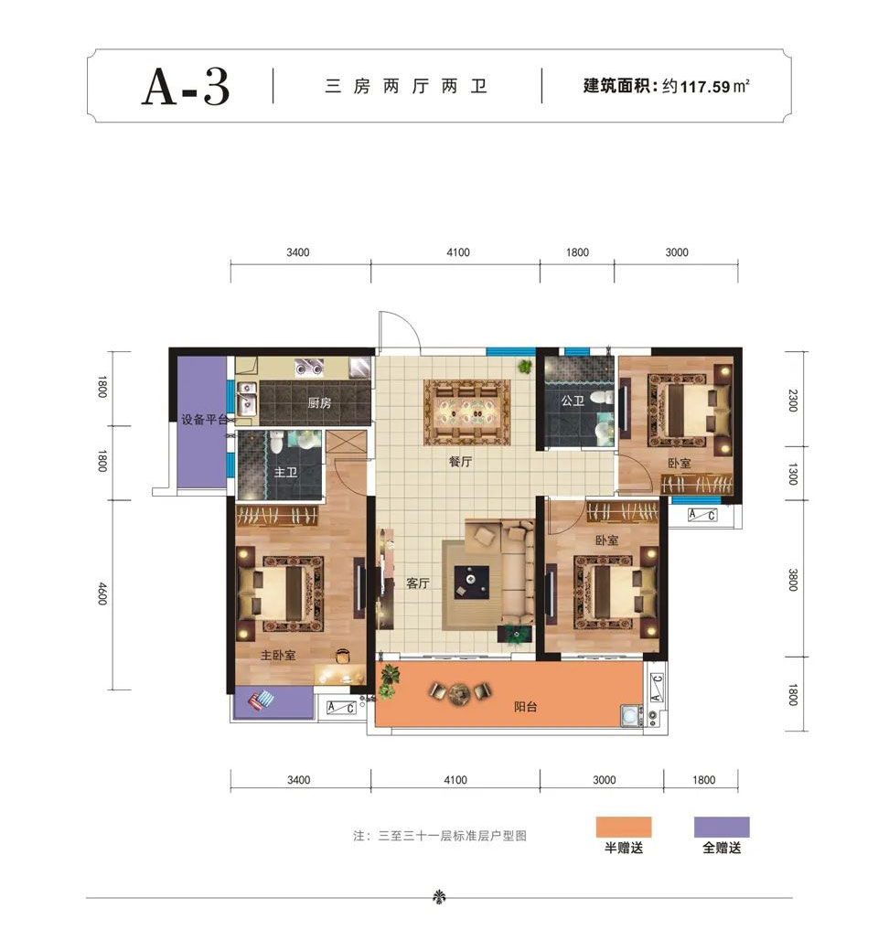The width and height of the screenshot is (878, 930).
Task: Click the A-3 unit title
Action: (x=185, y=88)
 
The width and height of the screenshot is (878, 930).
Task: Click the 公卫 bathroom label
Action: (x=573, y=400)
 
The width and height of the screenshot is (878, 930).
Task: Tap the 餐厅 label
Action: (x=460, y=463)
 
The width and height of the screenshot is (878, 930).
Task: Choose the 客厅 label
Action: (x=417, y=583)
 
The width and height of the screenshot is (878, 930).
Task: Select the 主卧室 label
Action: (x=278, y=655)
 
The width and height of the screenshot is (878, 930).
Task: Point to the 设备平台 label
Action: (x=203, y=420)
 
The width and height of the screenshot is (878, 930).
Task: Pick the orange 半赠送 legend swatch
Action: (x=623, y=828)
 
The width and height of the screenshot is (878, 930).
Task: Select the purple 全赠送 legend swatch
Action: (x=722, y=828)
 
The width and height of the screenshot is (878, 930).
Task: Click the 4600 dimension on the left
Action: (x=102, y=595)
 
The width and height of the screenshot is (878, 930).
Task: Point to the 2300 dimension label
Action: (x=792, y=401)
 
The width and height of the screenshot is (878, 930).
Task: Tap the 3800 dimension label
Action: (x=792, y=580)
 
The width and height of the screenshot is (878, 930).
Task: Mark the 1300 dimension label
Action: (x=792, y=474)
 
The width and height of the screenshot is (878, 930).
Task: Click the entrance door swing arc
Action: (x=401, y=328)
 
